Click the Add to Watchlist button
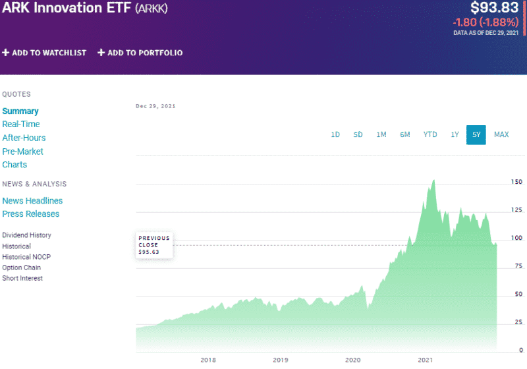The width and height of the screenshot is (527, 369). (44, 53)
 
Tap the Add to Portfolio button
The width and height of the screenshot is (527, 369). (140, 53)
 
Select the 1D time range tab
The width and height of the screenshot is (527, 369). (335, 134)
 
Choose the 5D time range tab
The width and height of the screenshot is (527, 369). (358, 134)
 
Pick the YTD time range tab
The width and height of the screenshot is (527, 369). (430, 134)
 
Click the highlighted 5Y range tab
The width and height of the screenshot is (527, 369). (476, 134)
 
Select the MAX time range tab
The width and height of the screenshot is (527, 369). (501, 134)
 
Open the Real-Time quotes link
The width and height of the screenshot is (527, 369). (21, 124)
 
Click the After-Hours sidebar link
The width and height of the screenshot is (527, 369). (24, 138)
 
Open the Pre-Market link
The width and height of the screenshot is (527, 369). (22, 152)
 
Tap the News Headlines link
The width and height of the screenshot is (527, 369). (32, 200)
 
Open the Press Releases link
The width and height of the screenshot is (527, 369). (30, 213)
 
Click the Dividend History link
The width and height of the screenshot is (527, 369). (26, 235)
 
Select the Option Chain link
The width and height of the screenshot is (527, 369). (21, 268)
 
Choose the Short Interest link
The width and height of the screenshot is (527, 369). (22, 278)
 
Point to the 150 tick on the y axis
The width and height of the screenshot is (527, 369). (516, 181)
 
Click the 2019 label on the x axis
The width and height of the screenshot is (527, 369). (281, 360)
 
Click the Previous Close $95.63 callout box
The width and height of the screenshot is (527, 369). (154, 244)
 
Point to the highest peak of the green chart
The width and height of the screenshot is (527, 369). (433, 180)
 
